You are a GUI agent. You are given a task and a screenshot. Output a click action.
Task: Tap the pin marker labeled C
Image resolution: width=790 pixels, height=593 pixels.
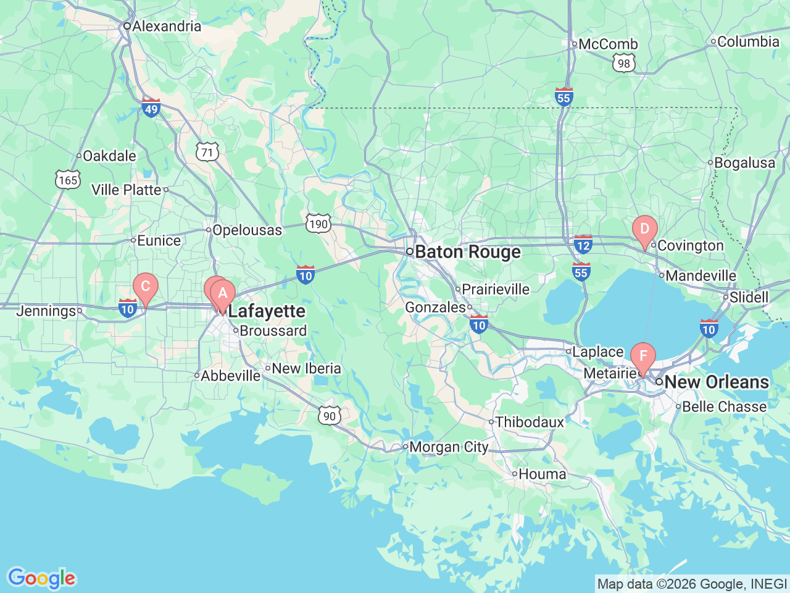pyautogui.click(x=146, y=287)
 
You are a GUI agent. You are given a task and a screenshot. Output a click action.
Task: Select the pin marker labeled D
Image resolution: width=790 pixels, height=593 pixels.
pyautogui.click(x=644, y=229)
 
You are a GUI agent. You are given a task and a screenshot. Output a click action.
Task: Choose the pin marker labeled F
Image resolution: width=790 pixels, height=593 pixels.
pyautogui.click(x=643, y=356)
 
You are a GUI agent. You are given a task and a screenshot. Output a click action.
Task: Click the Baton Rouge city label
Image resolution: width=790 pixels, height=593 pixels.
pyautogui.click(x=467, y=252)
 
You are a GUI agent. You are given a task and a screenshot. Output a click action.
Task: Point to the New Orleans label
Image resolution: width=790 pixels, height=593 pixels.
pyautogui.click(x=717, y=382)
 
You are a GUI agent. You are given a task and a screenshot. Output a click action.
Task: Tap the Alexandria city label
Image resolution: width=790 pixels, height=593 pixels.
pyautogui.click(x=166, y=26)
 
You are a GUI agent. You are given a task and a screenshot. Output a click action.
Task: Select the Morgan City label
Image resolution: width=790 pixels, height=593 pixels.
pyautogui.click(x=449, y=447)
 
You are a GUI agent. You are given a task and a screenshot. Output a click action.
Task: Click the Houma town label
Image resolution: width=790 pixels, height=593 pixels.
pyautogui.click(x=542, y=474)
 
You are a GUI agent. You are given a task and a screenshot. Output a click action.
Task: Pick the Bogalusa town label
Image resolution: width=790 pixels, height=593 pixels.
pyautogui.click(x=744, y=163)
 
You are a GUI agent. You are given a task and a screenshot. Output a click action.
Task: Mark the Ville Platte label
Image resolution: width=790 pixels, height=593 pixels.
pyautogui.click(x=127, y=190)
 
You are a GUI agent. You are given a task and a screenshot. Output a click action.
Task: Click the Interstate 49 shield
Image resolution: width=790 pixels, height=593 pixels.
pyautogui.click(x=151, y=107)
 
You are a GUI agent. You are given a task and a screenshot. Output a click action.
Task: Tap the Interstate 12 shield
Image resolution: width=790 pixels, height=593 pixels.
pyautogui.click(x=583, y=244)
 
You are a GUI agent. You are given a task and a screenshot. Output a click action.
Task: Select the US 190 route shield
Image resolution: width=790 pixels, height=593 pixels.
pyautogui.click(x=318, y=223)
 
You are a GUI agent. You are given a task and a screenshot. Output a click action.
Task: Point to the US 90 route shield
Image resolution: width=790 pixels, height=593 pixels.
pyautogui.click(x=330, y=416)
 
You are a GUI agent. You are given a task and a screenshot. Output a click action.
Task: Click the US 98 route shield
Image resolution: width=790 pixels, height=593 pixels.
pyautogui.click(x=624, y=62)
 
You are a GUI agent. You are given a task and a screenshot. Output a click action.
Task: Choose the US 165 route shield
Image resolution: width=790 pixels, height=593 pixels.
pyautogui.click(x=68, y=180)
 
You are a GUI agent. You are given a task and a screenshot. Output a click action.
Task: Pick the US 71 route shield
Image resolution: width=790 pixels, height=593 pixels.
pyautogui.click(x=207, y=152)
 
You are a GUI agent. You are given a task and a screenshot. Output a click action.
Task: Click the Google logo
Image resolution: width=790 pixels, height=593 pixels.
pyautogui.click(x=41, y=579)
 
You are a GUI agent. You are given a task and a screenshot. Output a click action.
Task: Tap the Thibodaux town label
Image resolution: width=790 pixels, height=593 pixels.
pyautogui.click(x=530, y=423)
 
